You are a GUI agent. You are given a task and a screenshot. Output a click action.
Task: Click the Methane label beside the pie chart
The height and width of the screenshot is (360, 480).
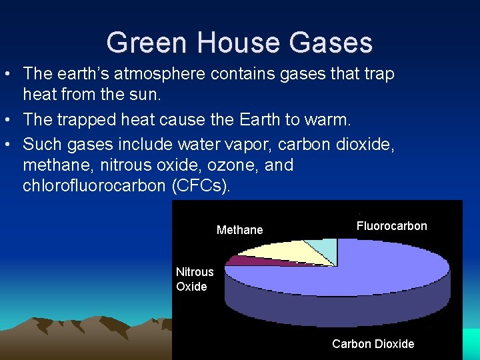240,230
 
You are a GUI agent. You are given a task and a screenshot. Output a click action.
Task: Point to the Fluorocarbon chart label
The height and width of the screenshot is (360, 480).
391,226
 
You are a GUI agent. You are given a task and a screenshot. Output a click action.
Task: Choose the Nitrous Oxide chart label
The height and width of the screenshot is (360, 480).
194,279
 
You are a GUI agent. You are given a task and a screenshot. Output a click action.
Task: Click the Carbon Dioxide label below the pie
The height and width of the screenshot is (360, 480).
373,344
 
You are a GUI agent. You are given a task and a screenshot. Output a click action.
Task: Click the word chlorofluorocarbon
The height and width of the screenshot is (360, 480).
94,186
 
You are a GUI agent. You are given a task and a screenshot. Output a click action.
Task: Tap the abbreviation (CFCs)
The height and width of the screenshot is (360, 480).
201,186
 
